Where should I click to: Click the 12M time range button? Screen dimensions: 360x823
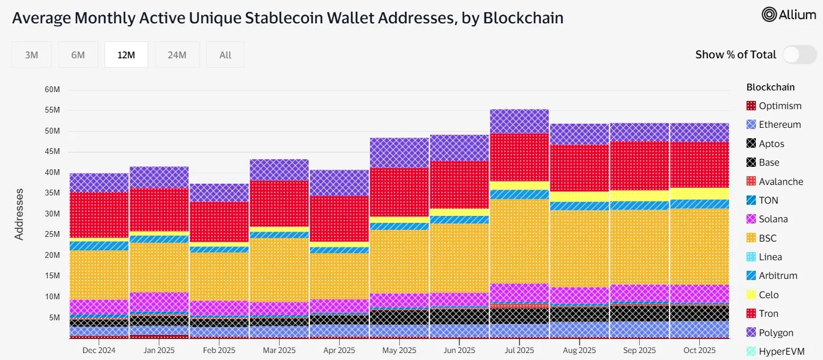pos(126,55)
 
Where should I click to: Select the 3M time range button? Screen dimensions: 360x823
pos(32,55)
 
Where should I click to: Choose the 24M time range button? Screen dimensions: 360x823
pos(177,55)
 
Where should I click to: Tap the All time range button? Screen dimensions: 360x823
pos(225,55)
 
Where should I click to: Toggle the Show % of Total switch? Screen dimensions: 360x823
pos(799,55)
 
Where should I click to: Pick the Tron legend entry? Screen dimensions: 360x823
pos(769,314)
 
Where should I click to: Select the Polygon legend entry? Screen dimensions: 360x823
pos(776,333)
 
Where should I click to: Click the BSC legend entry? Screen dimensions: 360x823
pos(768,238)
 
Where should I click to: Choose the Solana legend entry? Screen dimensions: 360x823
pos(773,219)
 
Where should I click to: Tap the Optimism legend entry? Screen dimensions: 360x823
pos(780,106)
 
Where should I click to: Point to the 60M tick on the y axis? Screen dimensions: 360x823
pos(52,90)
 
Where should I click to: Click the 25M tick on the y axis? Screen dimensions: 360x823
pos(52,235)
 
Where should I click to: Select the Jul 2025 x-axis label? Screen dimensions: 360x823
pos(519,351)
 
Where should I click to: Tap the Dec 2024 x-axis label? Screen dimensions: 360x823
pos(99,351)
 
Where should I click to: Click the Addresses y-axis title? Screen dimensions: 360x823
pos(19,214)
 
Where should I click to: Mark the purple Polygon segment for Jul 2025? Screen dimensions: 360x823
pos(519,121)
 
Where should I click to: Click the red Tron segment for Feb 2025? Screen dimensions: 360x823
pos(219,222)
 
